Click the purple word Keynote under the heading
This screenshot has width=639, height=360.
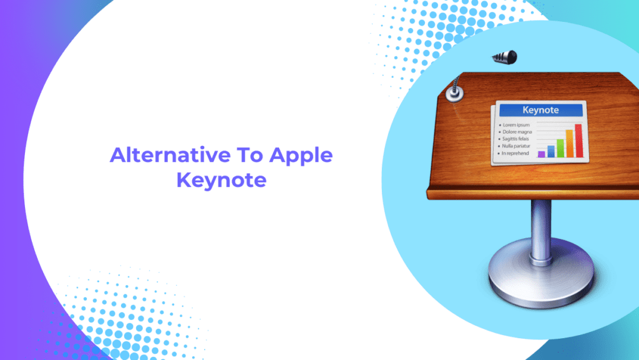(222, 180)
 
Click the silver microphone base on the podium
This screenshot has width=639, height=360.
(454, 94)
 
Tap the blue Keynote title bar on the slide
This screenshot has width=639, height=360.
(541, 110)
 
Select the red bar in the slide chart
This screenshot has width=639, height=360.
(578, 140)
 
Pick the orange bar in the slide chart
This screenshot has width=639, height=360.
(569, 144)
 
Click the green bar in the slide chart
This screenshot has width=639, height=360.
(560, 148)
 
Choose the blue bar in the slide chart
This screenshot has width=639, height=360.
(551, 151)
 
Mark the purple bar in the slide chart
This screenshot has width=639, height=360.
(542, 154)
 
